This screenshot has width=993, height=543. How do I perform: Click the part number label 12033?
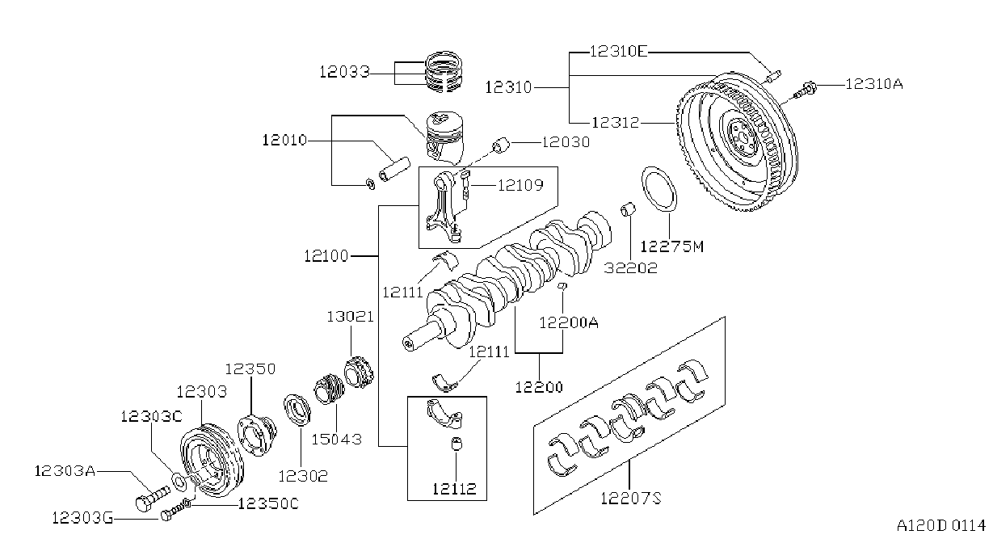point(344,72)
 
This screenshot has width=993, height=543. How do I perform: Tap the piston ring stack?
point(444,71)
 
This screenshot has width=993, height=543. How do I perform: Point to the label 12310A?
point(873,84)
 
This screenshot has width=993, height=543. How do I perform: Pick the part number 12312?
point(616,122)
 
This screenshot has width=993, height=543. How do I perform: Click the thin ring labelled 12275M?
point(659,189)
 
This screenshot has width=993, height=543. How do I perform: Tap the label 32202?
point(630,267)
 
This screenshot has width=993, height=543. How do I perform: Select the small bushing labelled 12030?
point(502,145)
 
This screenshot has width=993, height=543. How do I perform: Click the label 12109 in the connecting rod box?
point(520,185)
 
